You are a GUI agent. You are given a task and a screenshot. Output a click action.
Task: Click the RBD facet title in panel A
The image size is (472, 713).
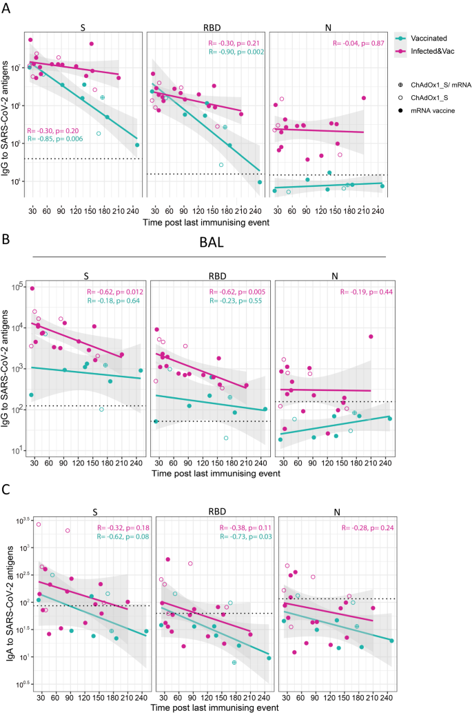206,28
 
